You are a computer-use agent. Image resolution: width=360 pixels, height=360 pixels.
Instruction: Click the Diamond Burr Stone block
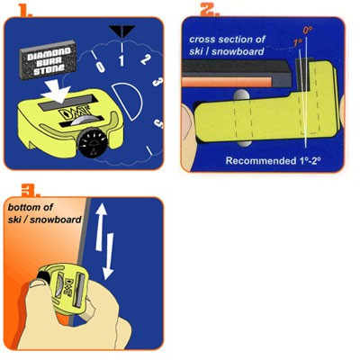click(48, 60)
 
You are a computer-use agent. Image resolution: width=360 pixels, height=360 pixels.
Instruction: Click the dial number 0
click(101, 67)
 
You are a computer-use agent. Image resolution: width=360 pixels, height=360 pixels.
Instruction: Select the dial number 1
click(121, 60)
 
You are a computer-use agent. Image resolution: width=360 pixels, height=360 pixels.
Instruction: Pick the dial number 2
click(145, 59)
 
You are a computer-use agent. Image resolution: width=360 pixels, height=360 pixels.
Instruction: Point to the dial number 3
click(157, 82)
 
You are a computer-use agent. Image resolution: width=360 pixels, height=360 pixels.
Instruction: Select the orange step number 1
click(24, 10)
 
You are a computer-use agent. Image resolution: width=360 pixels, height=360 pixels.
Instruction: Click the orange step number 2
click(209, 9)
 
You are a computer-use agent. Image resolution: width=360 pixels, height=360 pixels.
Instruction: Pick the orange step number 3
click(30, 190)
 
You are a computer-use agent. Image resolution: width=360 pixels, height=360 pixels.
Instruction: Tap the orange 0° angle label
click(307, 30)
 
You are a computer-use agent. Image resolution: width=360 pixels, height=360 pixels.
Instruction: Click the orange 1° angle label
click(297, 42)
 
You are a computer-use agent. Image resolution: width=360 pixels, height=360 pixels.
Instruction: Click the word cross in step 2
click(202, 40)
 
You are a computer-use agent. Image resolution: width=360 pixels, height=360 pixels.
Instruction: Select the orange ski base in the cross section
click(227, 82)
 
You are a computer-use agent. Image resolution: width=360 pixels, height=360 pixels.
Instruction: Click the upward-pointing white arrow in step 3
click(101, 227)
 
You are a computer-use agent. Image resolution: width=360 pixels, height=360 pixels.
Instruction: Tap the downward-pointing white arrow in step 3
click(108, 256)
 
